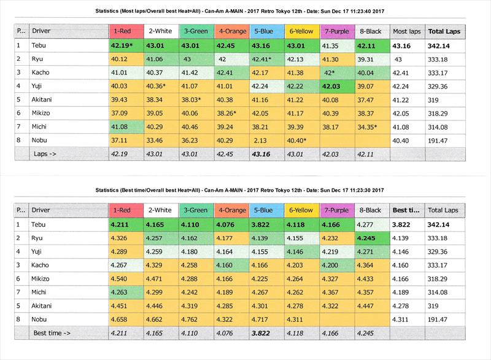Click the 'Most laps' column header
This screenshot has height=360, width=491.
[406, 31]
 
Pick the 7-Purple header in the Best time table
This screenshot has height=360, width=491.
[336, 210]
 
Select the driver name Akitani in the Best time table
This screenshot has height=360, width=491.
[44, 306]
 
